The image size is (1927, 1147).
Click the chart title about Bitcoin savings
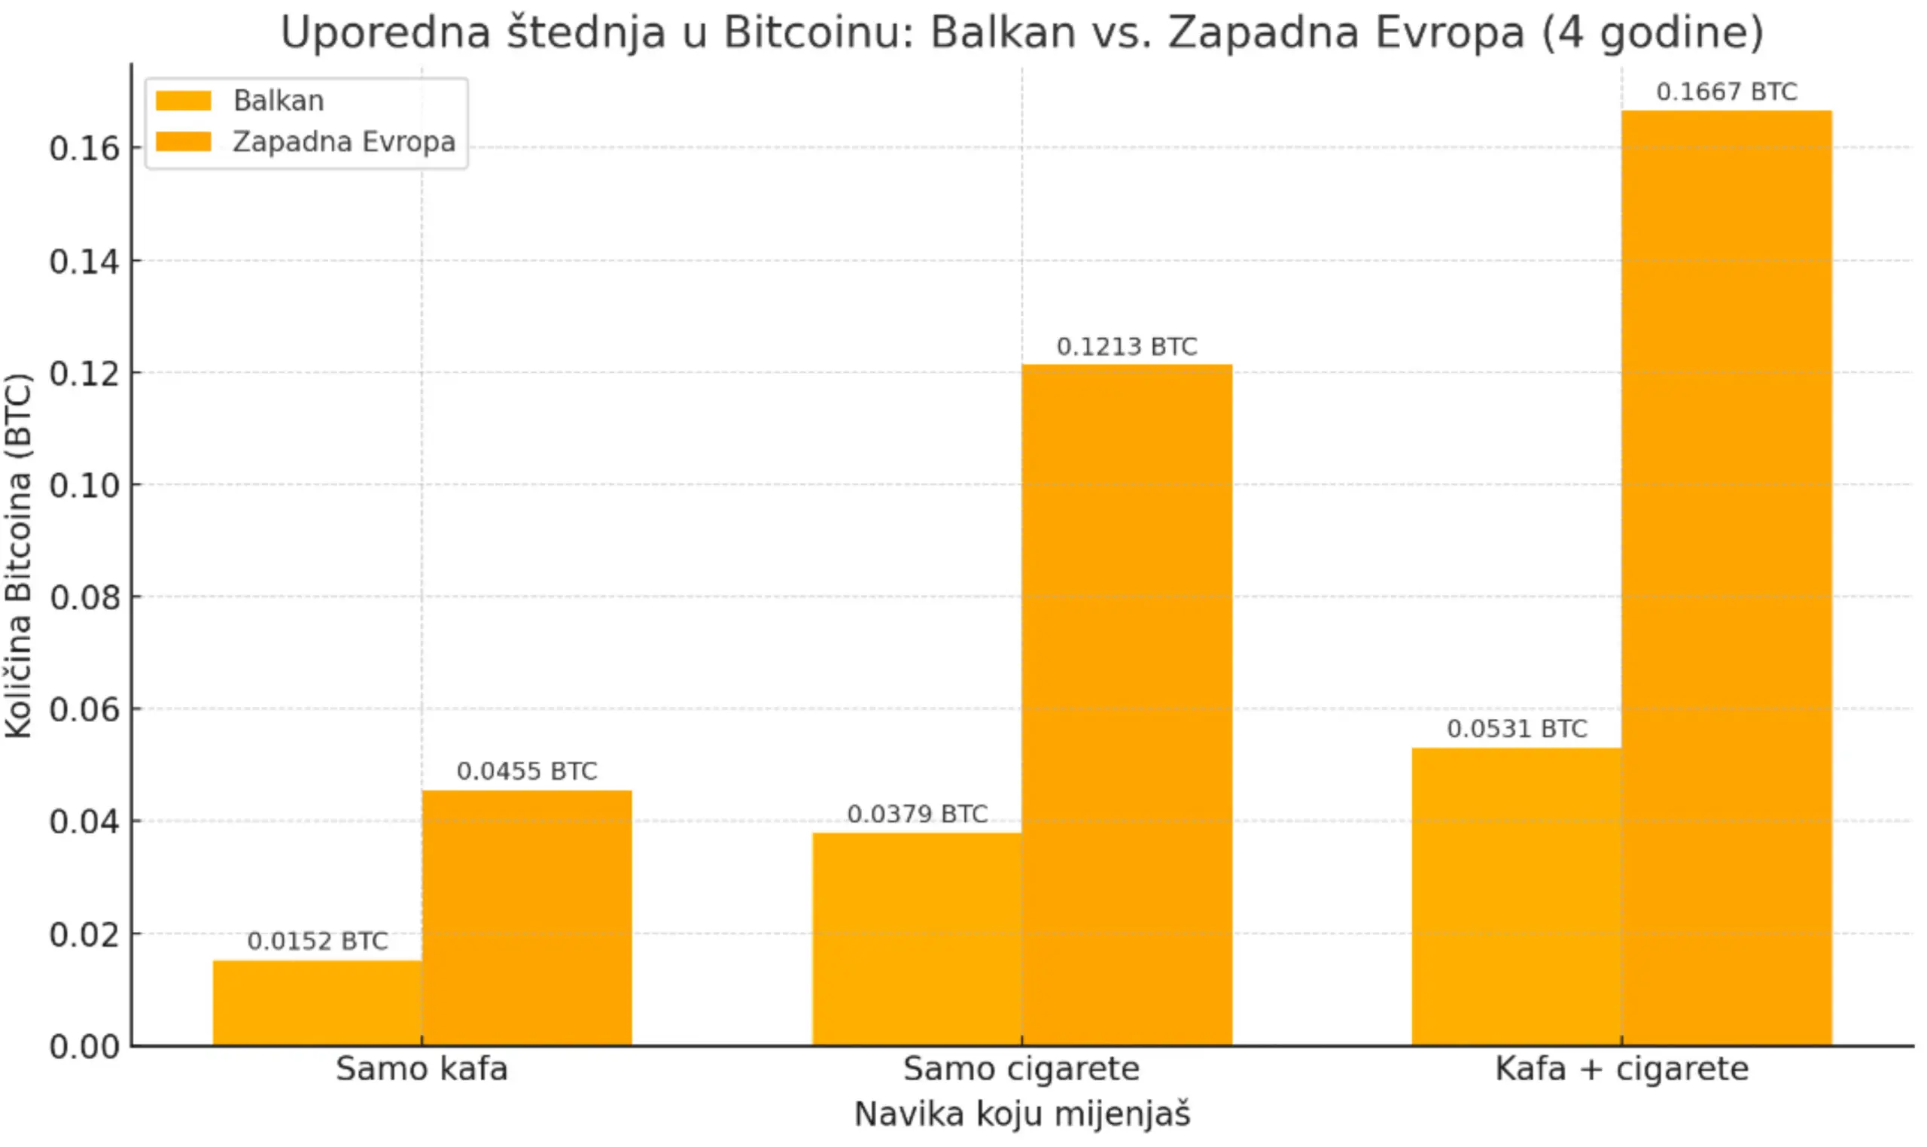[1021, 32]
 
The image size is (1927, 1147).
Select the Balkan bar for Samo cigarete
[916, 939]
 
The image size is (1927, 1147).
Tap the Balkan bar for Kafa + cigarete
[1517, 897]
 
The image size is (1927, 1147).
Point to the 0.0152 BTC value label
[317, 941]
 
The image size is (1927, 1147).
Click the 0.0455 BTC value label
[527, 771]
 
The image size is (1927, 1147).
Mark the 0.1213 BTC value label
[1127, 346]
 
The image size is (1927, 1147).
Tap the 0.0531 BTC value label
[1517, 728]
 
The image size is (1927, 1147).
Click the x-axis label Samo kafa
[422, 1069]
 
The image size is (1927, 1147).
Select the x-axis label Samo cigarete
[1021, 1069]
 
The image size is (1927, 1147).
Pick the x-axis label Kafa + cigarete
[1621, 1069]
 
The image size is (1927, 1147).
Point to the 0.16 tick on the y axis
[84, 147]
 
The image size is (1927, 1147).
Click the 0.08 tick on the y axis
[84, 597]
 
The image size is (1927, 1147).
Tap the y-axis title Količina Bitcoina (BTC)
[19, 557]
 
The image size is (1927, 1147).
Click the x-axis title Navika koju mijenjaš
[1021, 1114]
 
